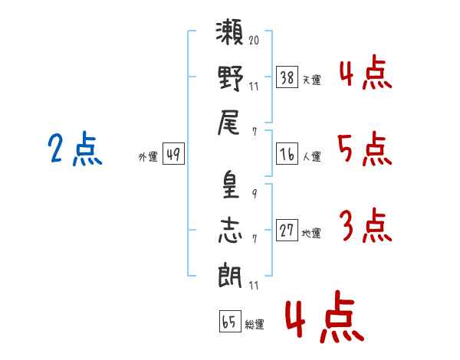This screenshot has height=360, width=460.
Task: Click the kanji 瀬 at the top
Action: point(230,35)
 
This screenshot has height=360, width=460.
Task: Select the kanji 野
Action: point(230,77)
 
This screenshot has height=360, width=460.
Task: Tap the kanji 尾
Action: point(230,122)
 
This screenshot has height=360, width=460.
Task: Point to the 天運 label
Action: point(311,80)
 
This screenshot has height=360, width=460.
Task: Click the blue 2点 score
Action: point(74,149)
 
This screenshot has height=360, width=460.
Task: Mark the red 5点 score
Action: point(365,149)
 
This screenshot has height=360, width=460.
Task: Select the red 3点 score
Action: point(365,226)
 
